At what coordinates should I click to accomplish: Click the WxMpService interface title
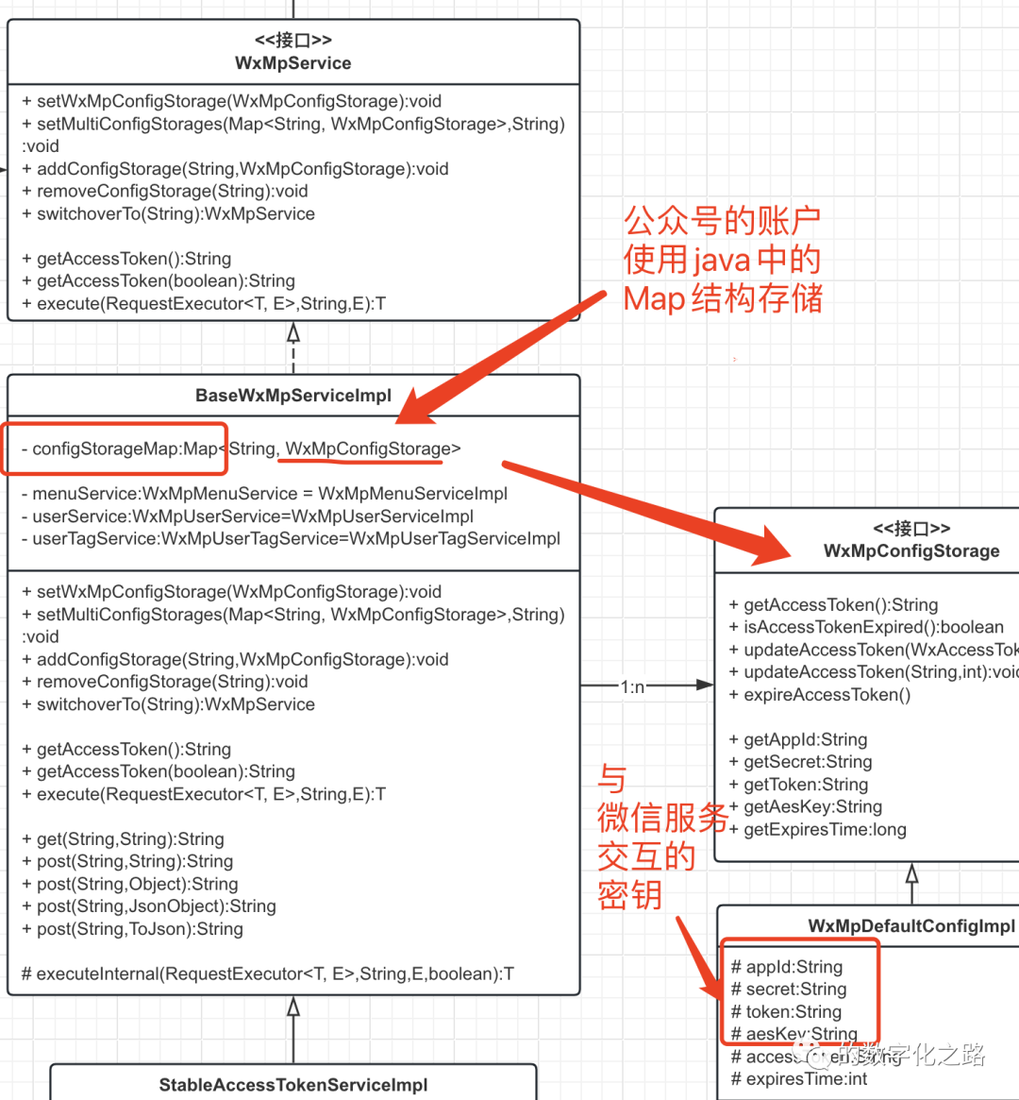(x=293, y=63)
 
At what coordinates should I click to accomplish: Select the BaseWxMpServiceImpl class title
(x=293, y=396)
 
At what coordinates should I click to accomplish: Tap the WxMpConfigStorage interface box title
(x=911, y=551)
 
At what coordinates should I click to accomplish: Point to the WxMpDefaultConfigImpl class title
(x=911, y=926)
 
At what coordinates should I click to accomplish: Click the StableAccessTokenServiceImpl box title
(x=293, y=1085)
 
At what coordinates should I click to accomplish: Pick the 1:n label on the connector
(x=632, y=686)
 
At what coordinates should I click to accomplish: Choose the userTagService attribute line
(x=291, y=539)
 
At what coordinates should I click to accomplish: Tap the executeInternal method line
(x=267, y=973)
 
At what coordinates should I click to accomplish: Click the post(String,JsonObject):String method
(x=149, y=906)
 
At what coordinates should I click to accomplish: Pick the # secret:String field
(x=789, y=990)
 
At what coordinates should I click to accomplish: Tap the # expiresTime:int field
(x=799, y=1079)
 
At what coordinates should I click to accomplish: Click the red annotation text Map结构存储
(x=723, y=298)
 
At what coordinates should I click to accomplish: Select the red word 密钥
(x=629, y=895)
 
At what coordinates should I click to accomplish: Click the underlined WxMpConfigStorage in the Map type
(x=368, y=448)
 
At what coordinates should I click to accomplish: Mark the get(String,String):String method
(x=123, y=839)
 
